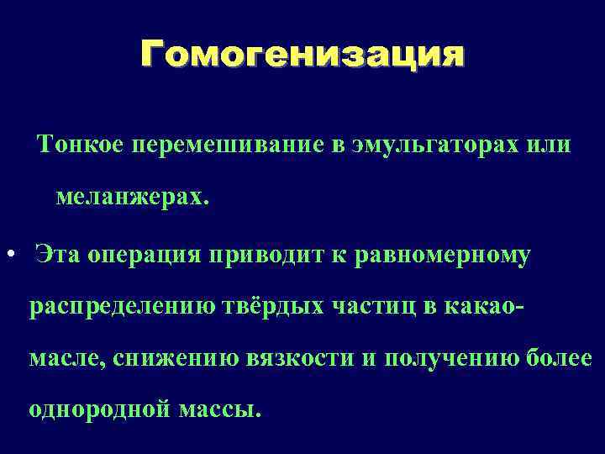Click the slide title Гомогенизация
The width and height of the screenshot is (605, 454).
(x=302, y=56)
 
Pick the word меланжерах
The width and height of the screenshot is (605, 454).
(x=129, y=198)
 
